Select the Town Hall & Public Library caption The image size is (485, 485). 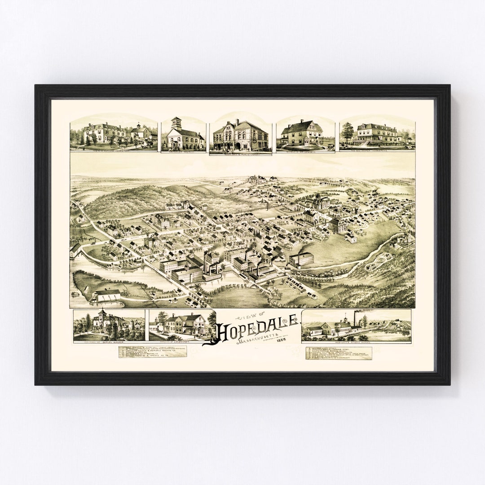click(x=240, y=153)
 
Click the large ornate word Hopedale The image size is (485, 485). click(x=254, y=329)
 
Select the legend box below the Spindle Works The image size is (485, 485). click(x=339, y=353)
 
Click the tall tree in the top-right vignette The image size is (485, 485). click(x=348, y=132)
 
